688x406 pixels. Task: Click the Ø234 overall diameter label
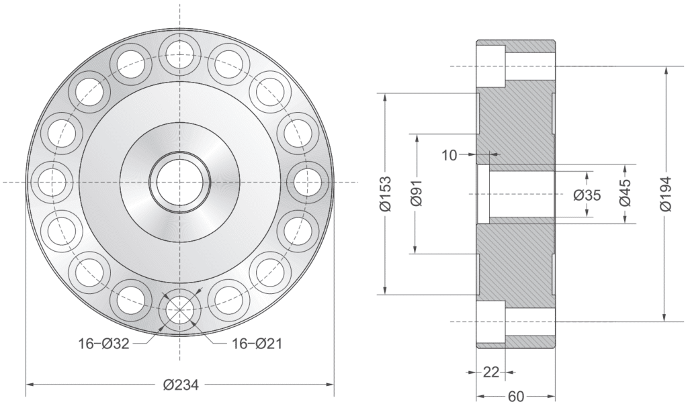[x=181, y=385]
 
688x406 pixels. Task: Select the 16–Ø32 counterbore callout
[x=103, y=344]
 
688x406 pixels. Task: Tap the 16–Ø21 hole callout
[x=257, y=344]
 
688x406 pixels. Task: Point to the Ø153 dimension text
[x=385, y=195]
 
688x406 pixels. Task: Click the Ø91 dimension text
[x=417, y=195]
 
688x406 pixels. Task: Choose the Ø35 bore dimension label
[x=588, y=195]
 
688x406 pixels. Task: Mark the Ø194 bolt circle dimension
[x=665, y=195]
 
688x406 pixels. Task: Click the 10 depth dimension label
[x=449, y=155]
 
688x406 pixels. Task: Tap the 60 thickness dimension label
[x=515, y=397]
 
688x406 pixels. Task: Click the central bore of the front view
[x=179, y=182]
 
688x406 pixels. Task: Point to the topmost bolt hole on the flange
[x=179, y=53]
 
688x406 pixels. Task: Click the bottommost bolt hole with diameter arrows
[x=179, y=311]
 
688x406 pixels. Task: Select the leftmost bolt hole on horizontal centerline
[x=51, y=182]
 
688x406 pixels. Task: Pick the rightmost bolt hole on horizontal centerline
[x=308, y=182]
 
